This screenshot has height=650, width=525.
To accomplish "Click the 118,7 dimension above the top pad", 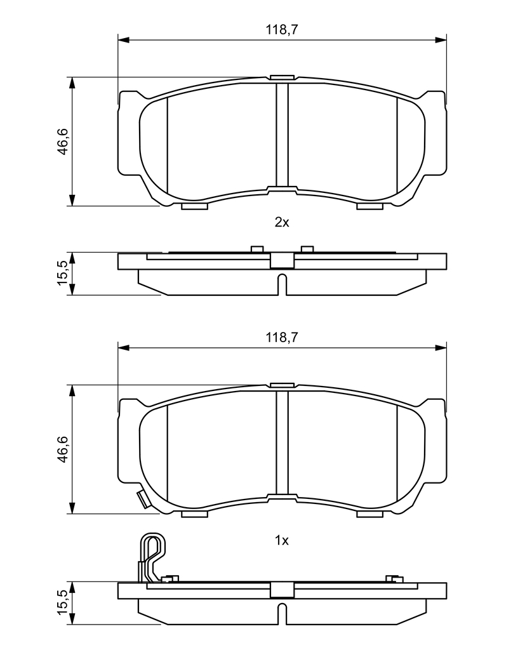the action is coord(282,30).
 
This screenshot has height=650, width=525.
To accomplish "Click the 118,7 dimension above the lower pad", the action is coord(282,338).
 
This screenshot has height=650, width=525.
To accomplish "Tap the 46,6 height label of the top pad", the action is coord(63,142).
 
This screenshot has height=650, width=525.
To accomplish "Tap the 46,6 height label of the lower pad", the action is coord(63,449).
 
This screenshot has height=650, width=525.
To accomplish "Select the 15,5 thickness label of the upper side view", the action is coord(63,273).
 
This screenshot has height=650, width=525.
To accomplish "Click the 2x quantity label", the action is coord(282,223).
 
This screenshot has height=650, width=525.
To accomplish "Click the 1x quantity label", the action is coord(282,541).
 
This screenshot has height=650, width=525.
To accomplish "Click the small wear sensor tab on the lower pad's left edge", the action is coord(143,499).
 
